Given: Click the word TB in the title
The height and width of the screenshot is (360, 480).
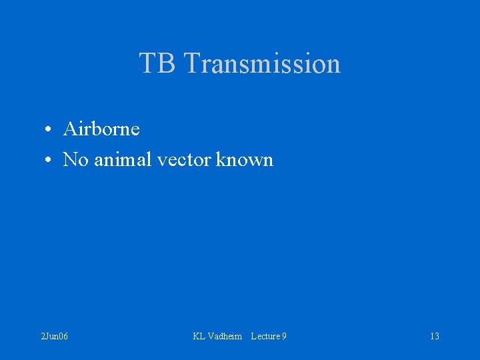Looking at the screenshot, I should pyautogui.click(x=157, y=63).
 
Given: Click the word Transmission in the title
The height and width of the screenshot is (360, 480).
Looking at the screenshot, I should pyautogui.click(x=261, y=63).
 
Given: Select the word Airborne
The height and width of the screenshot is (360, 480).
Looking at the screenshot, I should pyautogui.click(x=101, y=129).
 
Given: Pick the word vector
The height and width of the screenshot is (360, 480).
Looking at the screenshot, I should pyautogui.click(x=185, y=160).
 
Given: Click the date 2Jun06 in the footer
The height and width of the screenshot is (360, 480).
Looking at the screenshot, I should pyautogui.click(x=54, y=336).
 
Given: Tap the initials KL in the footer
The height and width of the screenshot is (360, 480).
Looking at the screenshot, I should pyautogui.click(x=199, y=336).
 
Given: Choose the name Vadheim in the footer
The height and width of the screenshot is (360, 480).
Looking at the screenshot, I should pyautogui.click(x=225, y=336).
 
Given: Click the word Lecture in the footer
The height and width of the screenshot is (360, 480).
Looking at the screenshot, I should pyautogui.click(x=265, y=336).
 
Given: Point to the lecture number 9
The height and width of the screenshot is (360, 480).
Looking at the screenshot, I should pyautogui.click(x=284, y=336).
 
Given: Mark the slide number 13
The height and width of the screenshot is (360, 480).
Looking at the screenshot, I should pyautogui.click(x=434, y=336).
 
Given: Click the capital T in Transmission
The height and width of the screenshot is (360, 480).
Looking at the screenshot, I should pyautogui.click(x=191, y=63).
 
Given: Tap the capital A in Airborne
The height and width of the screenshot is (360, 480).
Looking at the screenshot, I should pyautogui.click(x=69, y=129).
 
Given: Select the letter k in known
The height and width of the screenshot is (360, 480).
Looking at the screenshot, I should pyautogui.click(x=221, y=159).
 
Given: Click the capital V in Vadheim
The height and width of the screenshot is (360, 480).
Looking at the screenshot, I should pyautogui.click(x=211, y=336).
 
